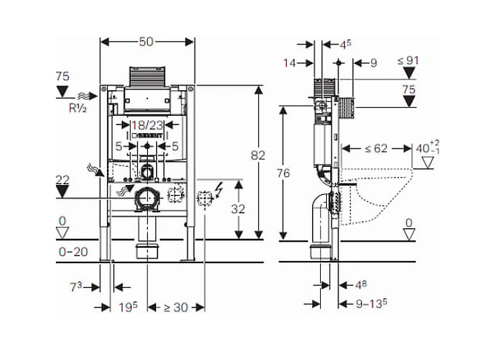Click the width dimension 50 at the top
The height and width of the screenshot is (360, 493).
(146, 42)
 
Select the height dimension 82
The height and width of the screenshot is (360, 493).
(258, 155)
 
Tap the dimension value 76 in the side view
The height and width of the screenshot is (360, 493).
(283, 173)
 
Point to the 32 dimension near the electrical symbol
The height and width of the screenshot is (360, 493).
(238, 209)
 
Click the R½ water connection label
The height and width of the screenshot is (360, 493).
(78, 108)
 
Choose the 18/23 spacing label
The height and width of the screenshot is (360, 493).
(147, 125)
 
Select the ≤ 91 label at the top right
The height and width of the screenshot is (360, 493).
(408, 61)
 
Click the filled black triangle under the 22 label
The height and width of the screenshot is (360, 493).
(62, 191)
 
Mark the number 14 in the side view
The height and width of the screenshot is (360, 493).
(289, 63)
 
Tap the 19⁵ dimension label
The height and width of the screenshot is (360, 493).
(128, 308)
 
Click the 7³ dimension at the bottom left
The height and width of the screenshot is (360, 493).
(75, 287)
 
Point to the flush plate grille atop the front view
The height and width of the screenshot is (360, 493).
(147, 77)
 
